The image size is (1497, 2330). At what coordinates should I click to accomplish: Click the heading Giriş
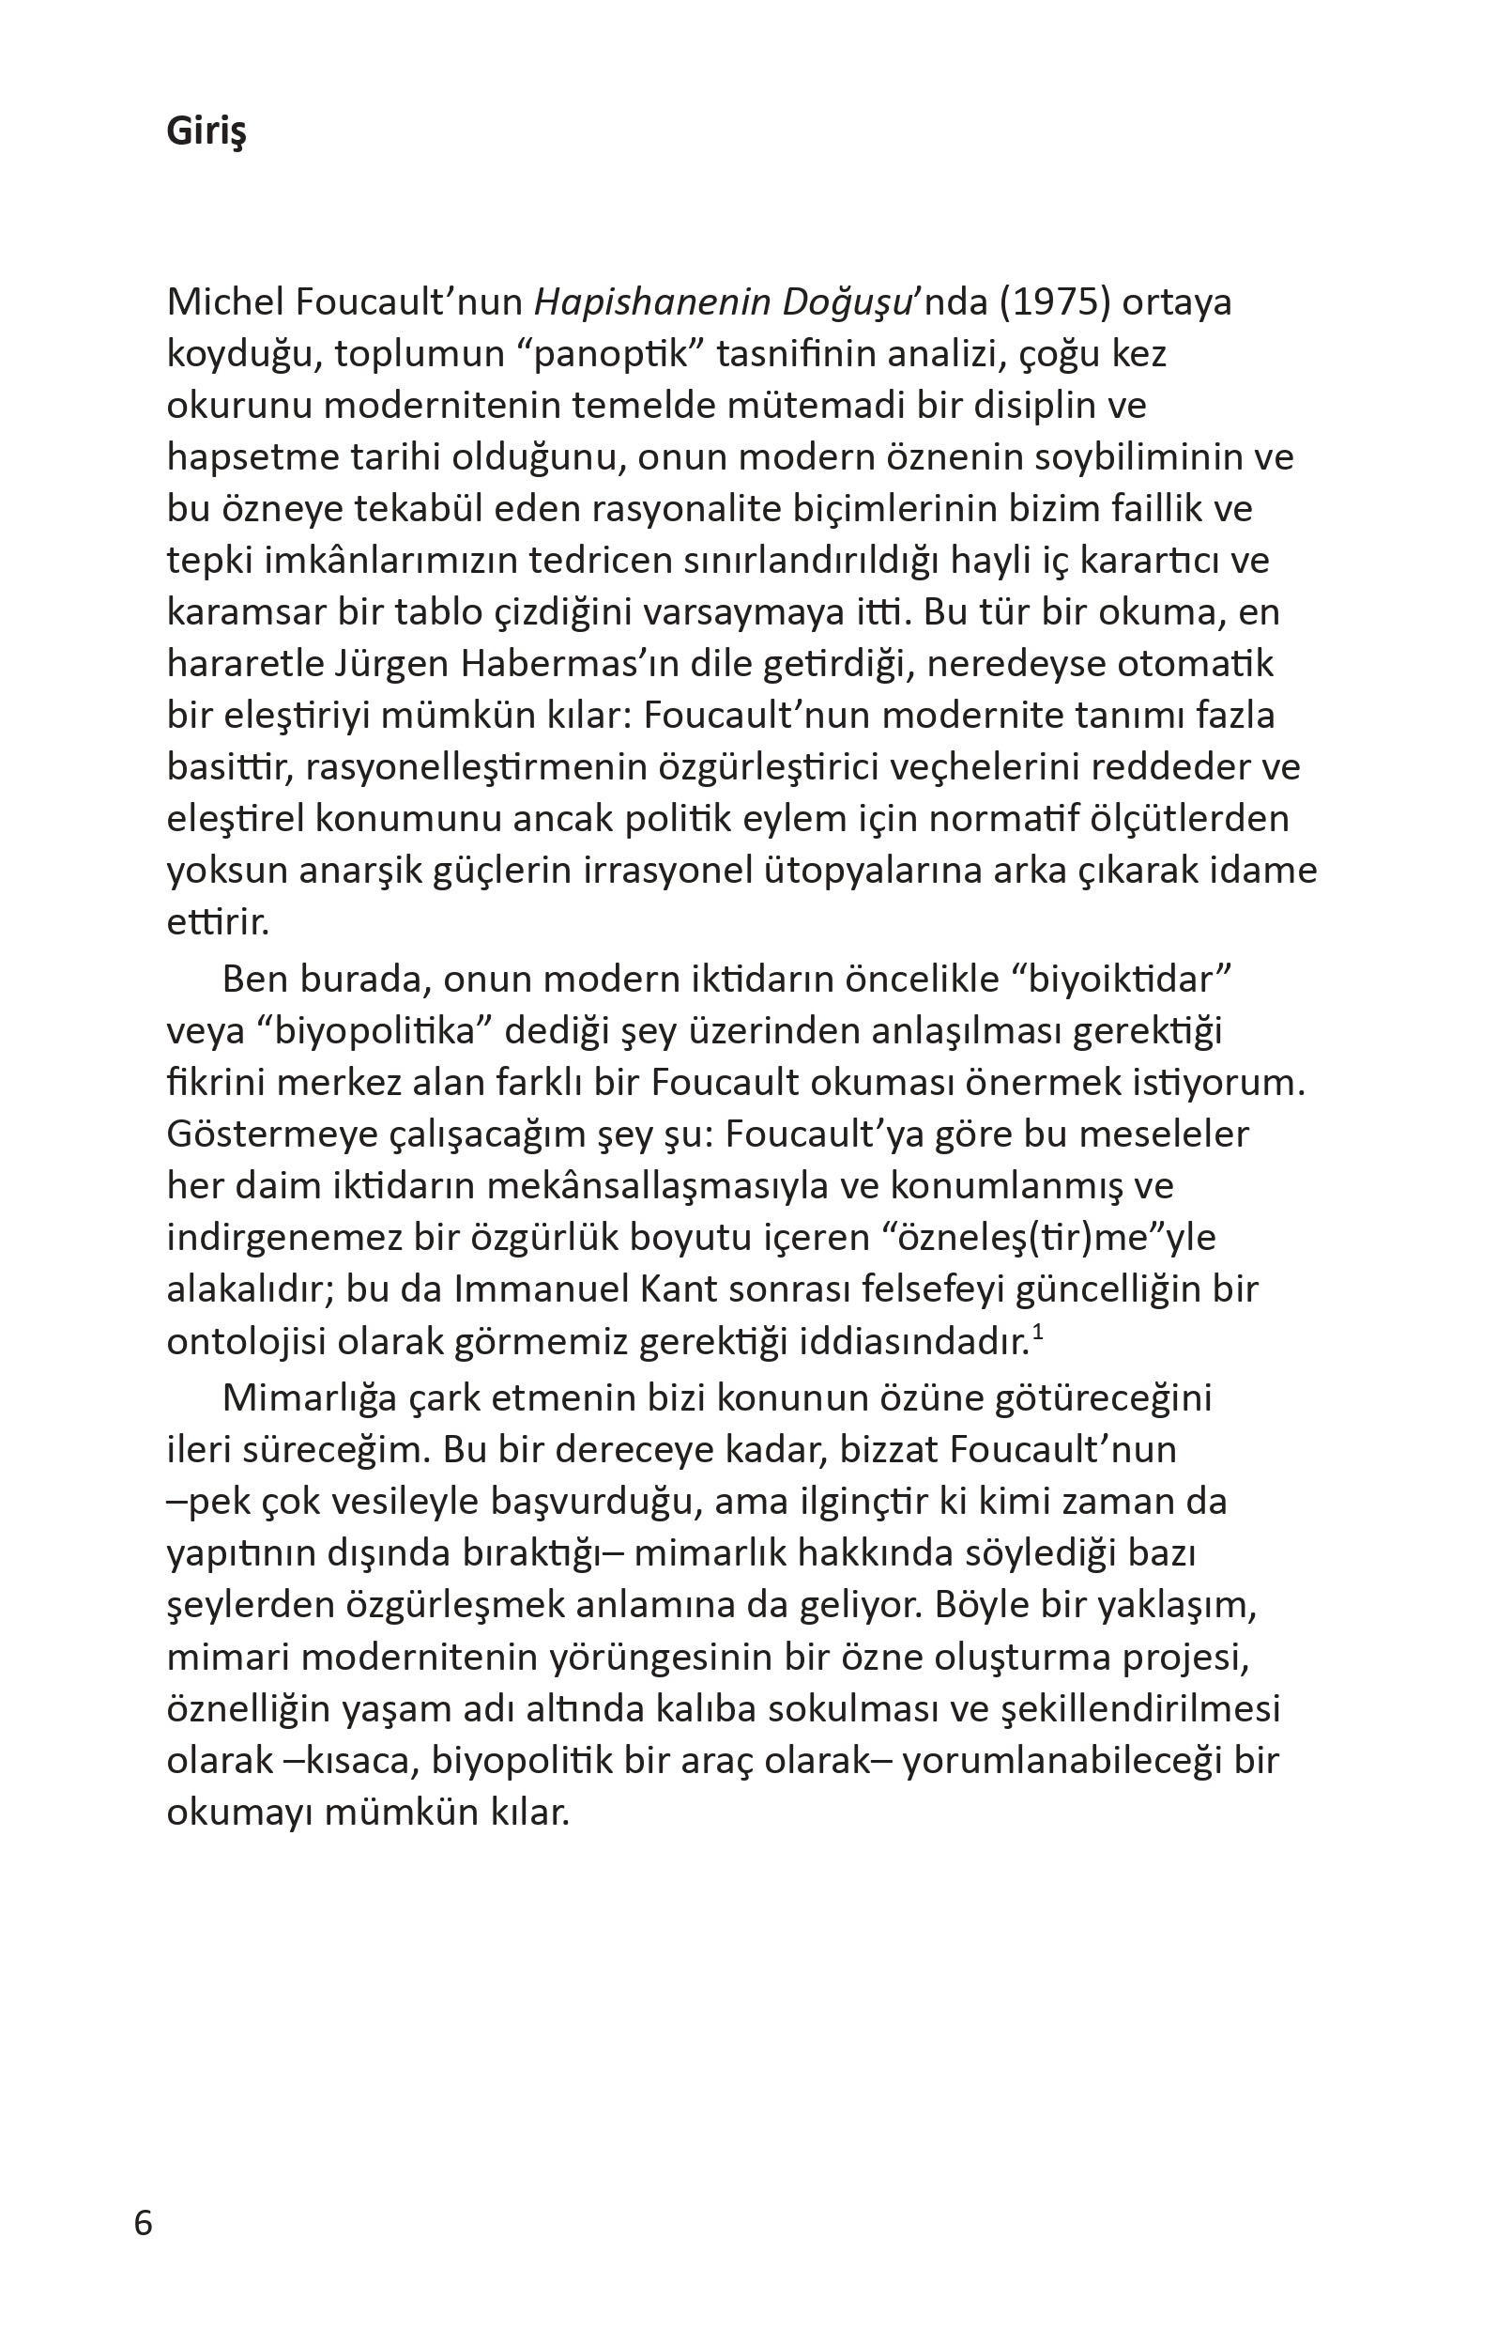click(x=206, y=131)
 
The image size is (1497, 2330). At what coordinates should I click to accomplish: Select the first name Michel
click(x=224, y=302)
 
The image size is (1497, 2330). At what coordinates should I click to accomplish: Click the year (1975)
click(x=1055, y=302)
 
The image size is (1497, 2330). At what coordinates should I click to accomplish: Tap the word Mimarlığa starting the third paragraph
click(x=309, y=1398)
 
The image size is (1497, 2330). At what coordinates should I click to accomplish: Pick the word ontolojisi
click(x=246, y=1342)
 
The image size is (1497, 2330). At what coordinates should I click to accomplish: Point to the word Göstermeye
click(x=272, y=1134)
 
